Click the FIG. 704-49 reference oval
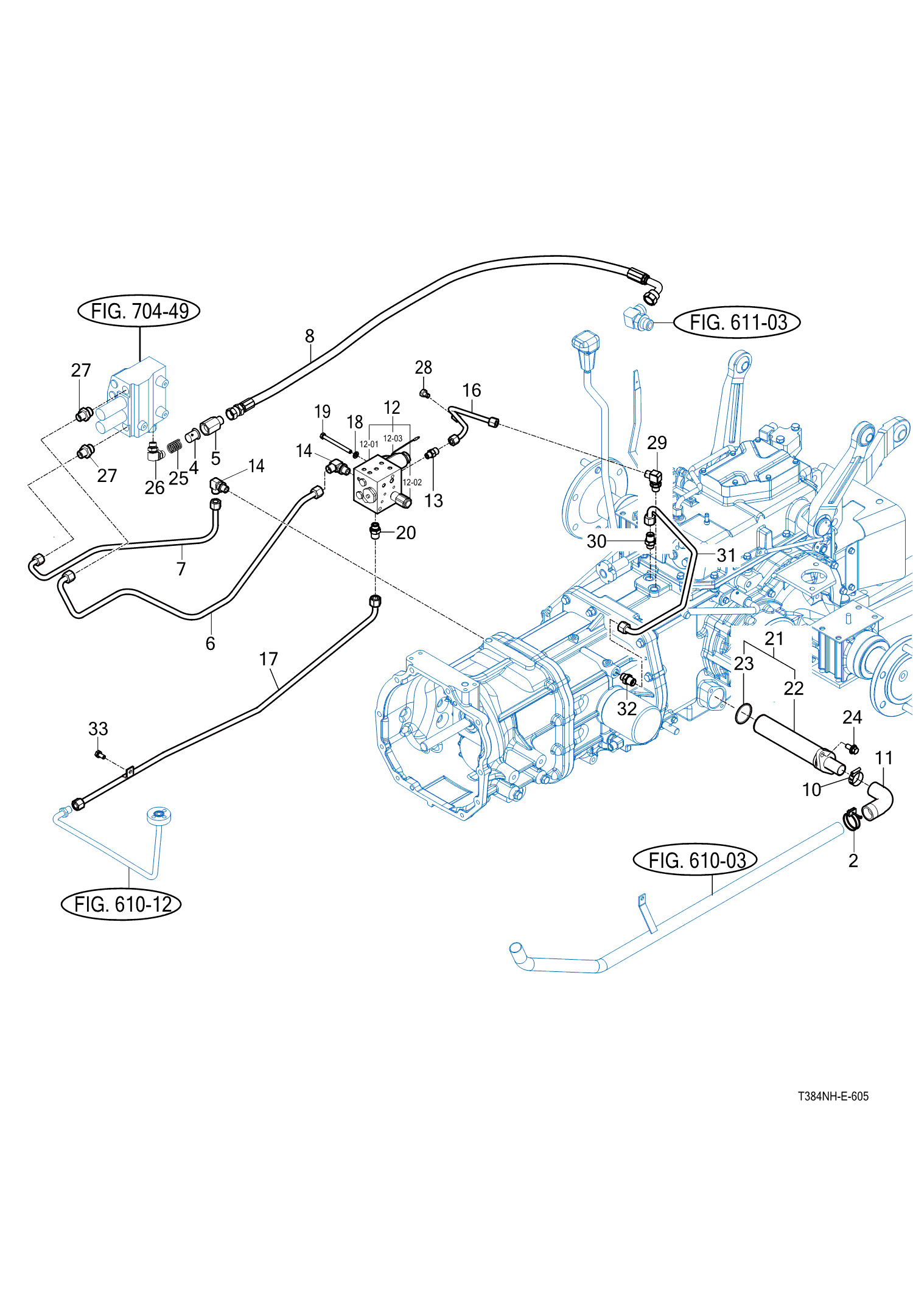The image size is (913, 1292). [139, 311]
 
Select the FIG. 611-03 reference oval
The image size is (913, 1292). [737, 322]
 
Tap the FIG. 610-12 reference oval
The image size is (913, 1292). [122, 904]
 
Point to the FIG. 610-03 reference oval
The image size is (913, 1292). [696, 861]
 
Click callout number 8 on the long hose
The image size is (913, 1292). [310, 336]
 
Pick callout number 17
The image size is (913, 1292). [268, 659]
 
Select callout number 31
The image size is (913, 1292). [726, 555]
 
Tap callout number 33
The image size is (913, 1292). [98, 728]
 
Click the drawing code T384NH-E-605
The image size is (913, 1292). [833, 1096]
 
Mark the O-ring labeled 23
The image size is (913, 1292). [743, 713]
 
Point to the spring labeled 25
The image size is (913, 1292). [174, 446]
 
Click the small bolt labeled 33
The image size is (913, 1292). [100, 755]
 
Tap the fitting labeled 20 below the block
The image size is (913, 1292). [376, 530]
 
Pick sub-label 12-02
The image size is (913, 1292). [412, 483]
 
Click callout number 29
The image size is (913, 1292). [657, 442]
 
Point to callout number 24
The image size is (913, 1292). [852, 718]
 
